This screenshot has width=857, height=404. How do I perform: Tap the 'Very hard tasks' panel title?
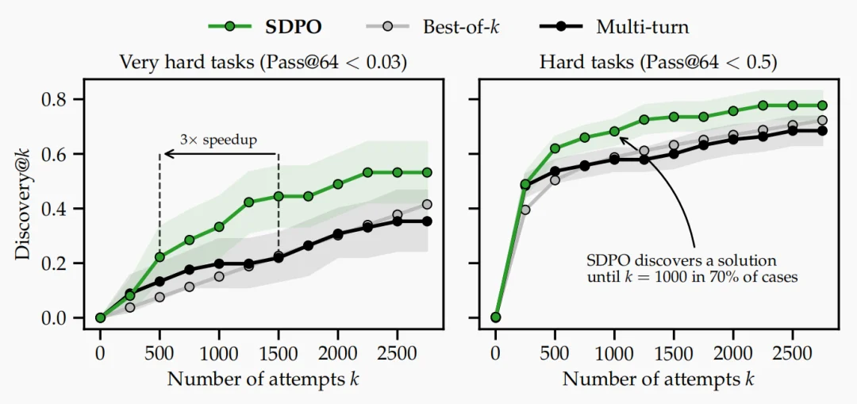263,62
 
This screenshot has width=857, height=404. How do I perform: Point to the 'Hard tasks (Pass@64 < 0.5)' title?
659,62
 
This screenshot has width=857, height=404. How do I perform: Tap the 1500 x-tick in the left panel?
279,353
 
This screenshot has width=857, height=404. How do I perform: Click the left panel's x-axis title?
263,379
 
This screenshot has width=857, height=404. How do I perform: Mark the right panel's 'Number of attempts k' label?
659,379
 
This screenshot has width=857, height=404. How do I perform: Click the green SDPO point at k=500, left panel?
159,257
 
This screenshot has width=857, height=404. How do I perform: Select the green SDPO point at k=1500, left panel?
279,196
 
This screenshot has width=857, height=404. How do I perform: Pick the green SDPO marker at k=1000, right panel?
614,131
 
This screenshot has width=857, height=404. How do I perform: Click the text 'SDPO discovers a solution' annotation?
682,260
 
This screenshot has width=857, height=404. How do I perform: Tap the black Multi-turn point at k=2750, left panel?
427,221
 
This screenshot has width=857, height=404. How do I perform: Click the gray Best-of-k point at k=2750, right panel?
822,121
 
